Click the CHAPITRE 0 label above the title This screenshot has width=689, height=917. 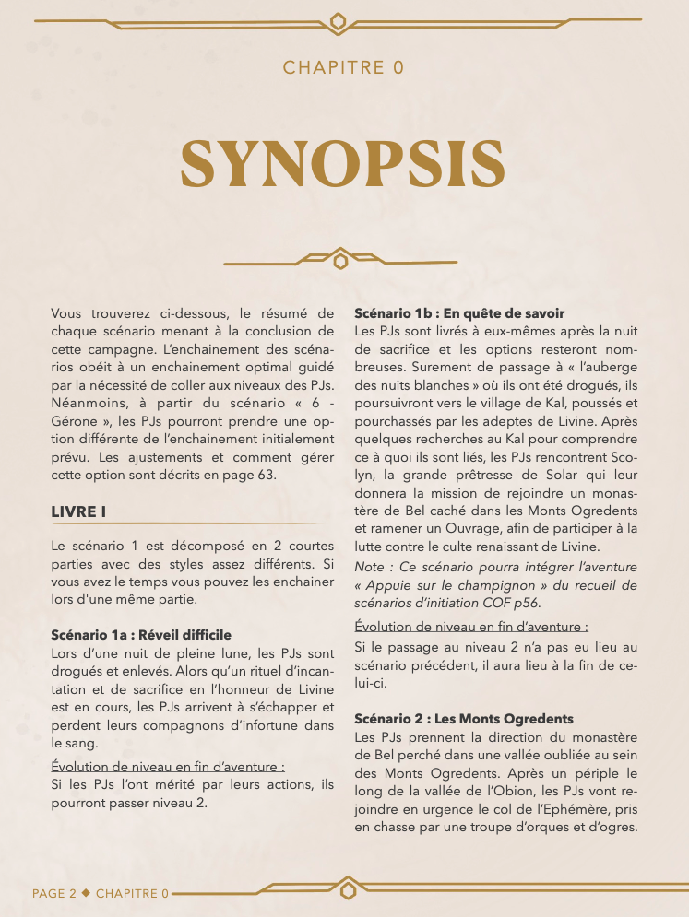coord(343,67)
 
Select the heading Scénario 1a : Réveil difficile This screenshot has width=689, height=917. coord(141,635)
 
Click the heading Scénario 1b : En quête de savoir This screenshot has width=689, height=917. coord(459,313)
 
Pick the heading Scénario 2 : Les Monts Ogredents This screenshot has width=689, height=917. coord(464,718)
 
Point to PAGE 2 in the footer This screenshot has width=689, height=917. coord(54,893)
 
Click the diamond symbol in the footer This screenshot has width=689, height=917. coord(87,893)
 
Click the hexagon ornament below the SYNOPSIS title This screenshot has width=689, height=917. coord(341,262)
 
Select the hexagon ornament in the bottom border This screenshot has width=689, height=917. coord(348,890)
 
